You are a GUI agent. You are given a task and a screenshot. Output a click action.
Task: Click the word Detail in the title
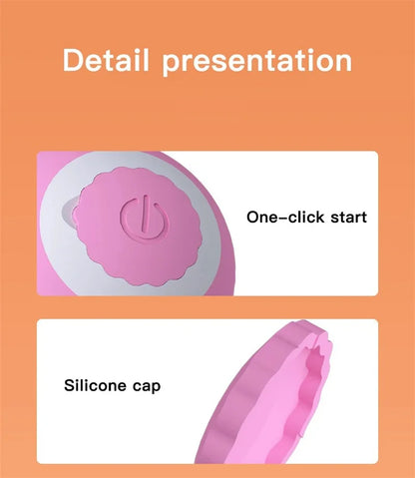[x=108, y=60]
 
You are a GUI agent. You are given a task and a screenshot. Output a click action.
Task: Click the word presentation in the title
[x=256, y=61]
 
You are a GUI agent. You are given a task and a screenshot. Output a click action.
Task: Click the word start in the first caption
[x=343, y=217]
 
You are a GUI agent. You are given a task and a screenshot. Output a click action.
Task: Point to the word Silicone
[x=97, y=384]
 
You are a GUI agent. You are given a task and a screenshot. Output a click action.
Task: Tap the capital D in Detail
[x=73, y=60]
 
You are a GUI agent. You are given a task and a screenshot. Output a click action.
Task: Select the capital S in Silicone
[x=69, y=384]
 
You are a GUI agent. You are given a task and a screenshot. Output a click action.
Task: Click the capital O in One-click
[x=252, y=217]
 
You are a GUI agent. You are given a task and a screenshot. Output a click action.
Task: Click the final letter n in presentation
[x=341, y=61]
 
